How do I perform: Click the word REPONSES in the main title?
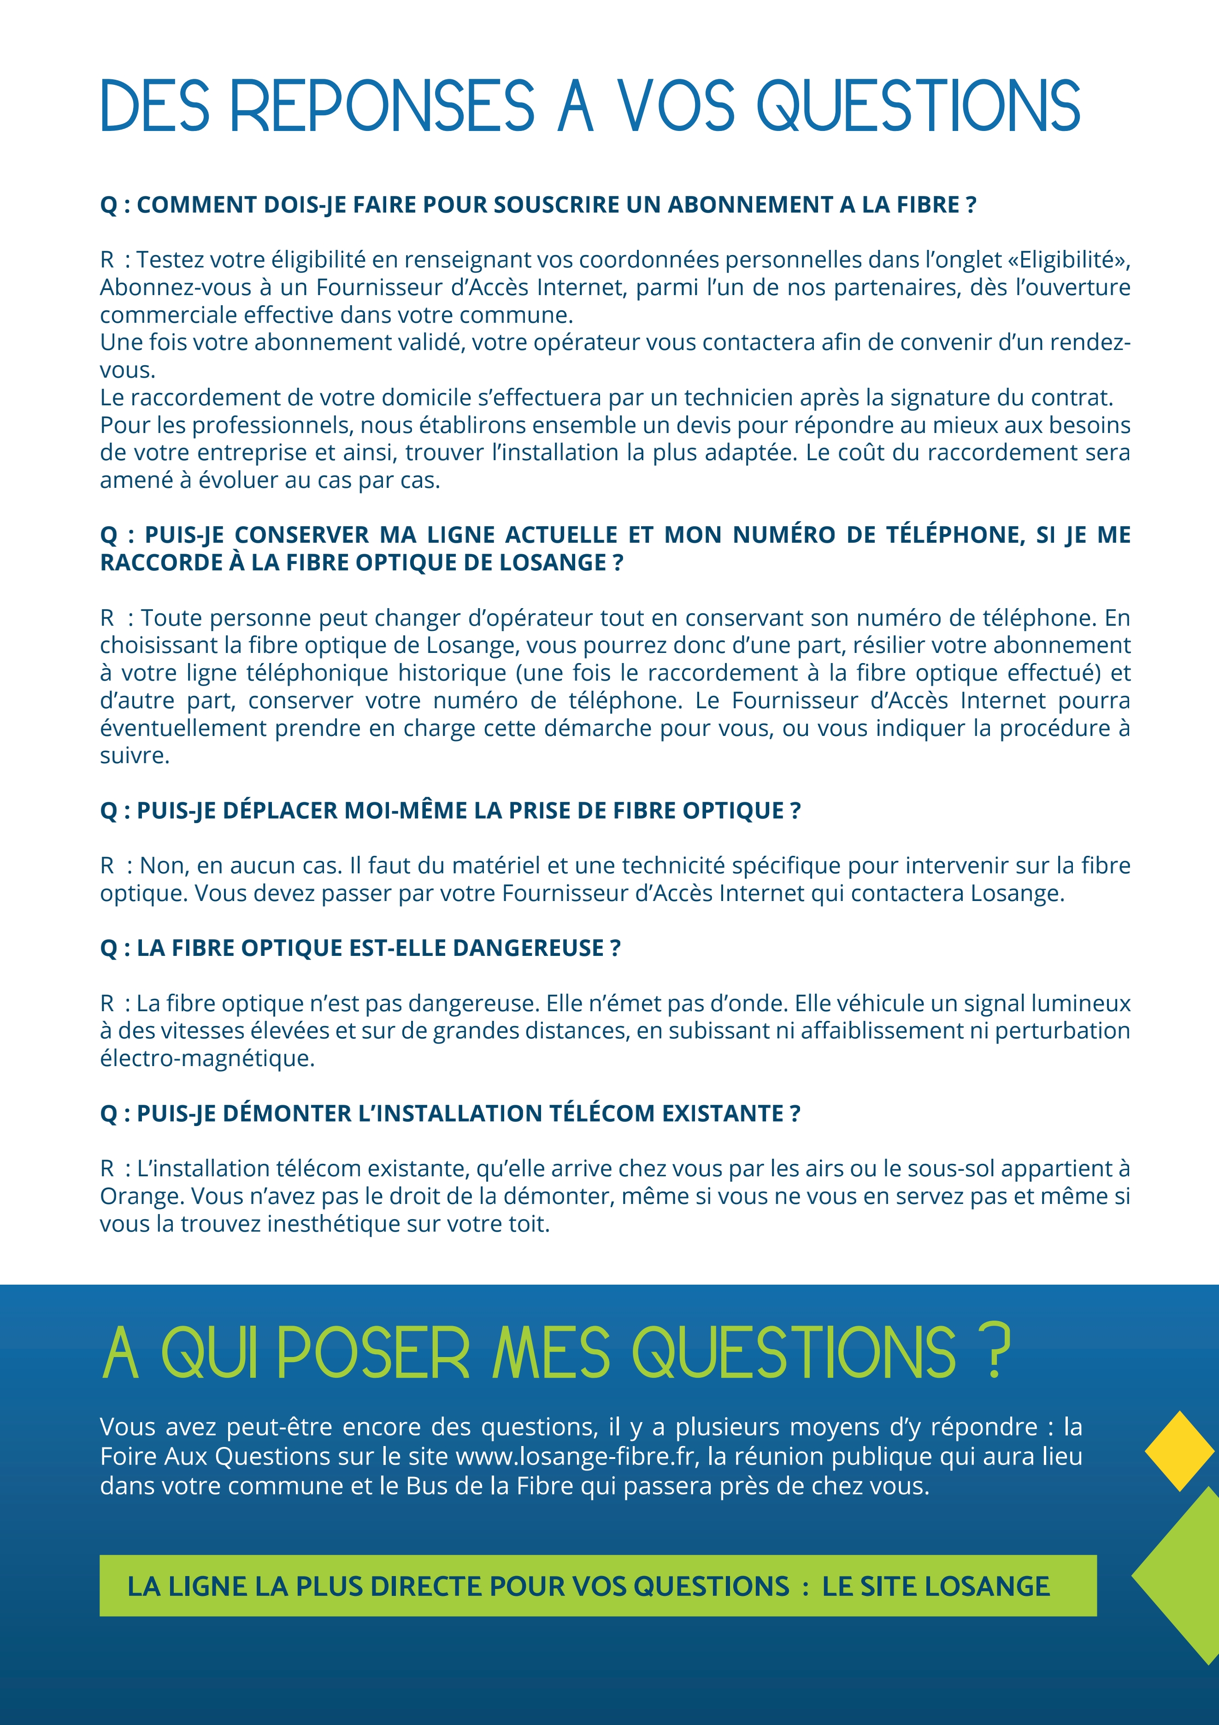(382, 106)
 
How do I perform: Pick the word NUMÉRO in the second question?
(783, 535)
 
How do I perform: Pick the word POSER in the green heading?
(373, 1354)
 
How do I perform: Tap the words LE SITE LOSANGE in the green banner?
(935, 1586)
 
